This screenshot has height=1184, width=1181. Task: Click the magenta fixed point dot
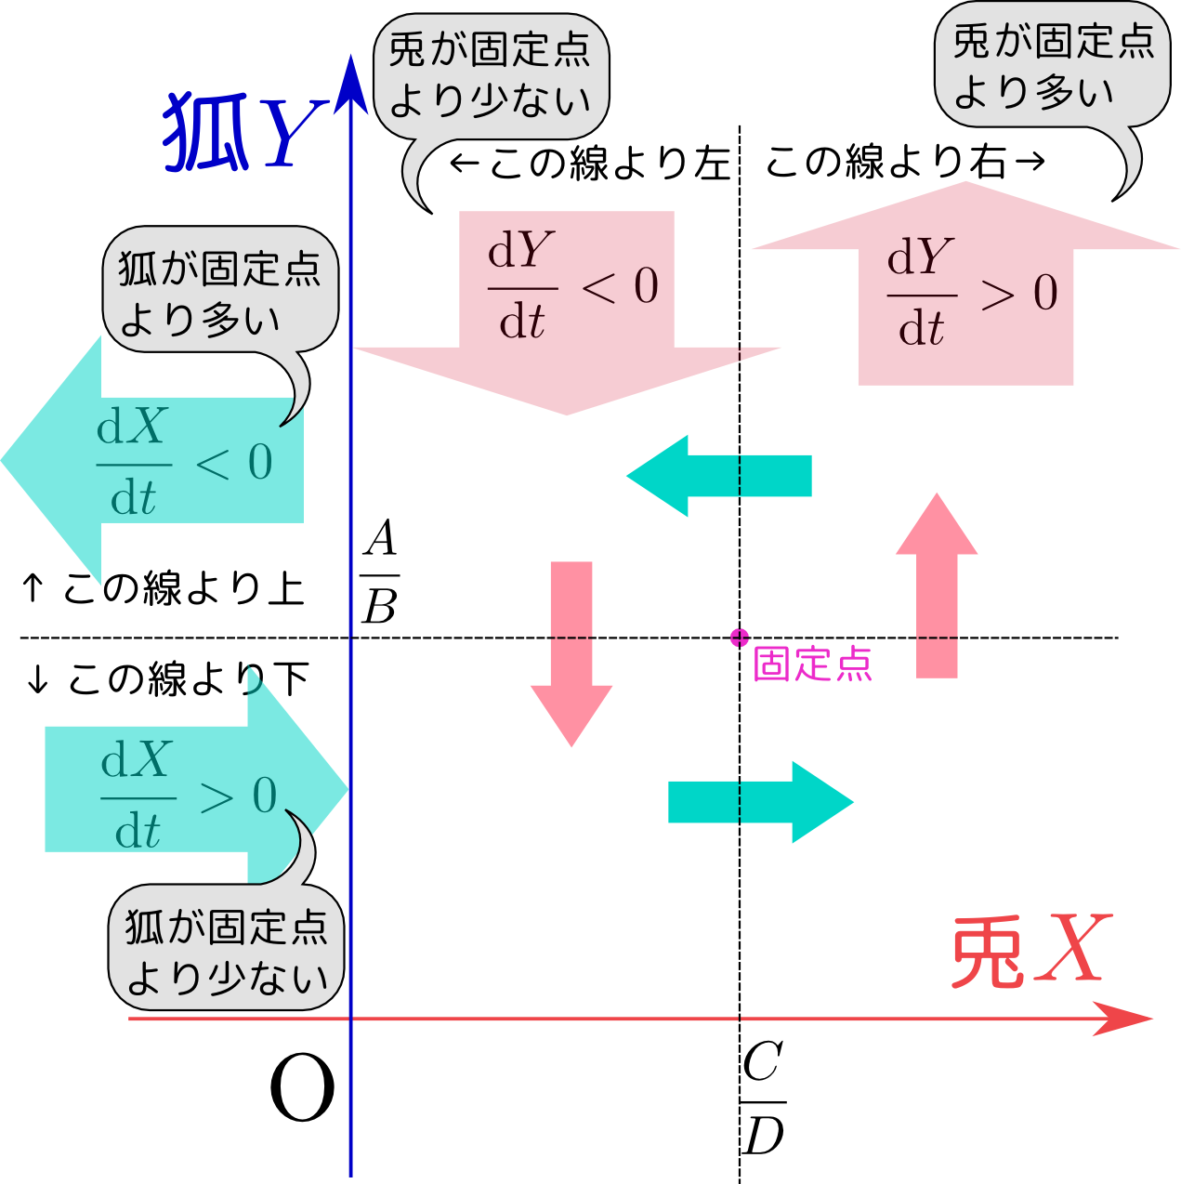click(x=740, y=638)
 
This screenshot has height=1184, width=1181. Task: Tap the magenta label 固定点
click(x=812, y=664)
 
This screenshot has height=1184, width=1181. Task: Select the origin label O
click(x=302, y=1087)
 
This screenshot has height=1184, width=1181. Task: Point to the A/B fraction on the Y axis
click(x=380, y=571)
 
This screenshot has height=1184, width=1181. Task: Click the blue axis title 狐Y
click(x=246, y=132)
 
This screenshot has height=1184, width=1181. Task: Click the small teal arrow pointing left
click(x=719, y=476)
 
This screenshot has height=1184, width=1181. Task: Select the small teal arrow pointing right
click(x=761, y=802)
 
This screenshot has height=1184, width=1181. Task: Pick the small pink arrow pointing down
click(x=571, y=653)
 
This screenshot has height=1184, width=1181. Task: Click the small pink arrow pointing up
click(x=937, y=585)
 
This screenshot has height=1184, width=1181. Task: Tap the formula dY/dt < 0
click(x=572, y=285)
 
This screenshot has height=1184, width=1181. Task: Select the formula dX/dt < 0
click(x=184, y=461)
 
